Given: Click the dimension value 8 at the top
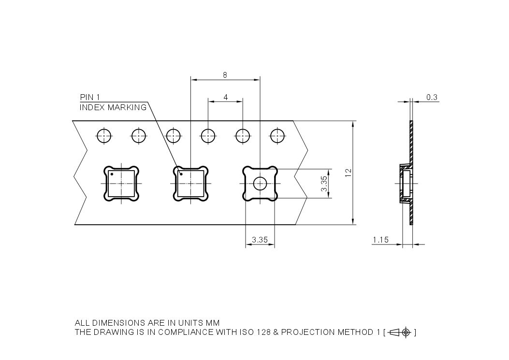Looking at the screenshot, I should [225, 75].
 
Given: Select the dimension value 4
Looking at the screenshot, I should [226, 97].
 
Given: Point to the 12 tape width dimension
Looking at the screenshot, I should [348, 173].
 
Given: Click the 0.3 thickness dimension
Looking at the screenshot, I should [432, 98].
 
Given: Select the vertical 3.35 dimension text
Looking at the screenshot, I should [324, 183].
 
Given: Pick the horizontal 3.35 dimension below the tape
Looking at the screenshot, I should [260, 240].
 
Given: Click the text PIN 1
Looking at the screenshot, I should [90, 98].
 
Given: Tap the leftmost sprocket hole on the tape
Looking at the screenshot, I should [104, 136].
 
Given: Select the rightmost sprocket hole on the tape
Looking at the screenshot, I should [277, 136].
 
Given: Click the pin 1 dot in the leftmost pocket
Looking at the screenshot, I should [112, 173].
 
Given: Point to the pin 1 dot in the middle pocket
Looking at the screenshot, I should [181, 174].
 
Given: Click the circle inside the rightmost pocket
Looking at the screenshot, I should [261, 184].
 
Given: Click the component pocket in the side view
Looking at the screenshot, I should [405, 184].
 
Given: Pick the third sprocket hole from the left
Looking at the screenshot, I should [174, 136].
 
